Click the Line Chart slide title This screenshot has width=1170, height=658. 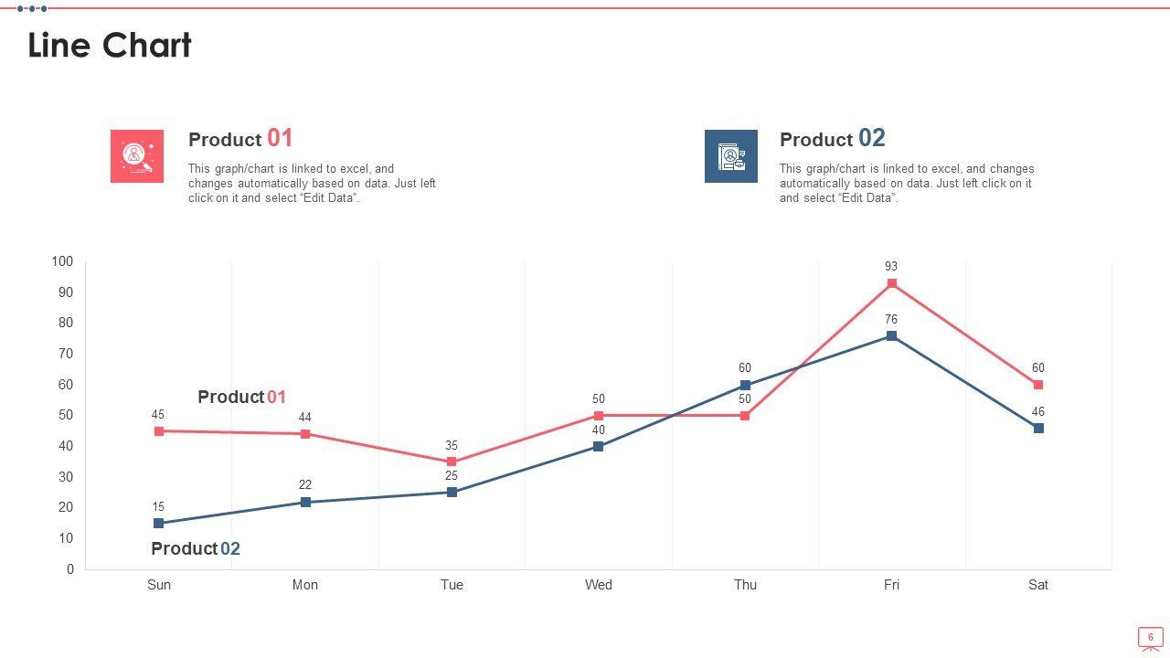[x=110, y=45]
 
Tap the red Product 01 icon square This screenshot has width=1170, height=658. [x=137, y=156]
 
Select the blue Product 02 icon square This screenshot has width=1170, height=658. [x=730, y=156]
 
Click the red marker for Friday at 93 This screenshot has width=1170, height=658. [x=891, y=283]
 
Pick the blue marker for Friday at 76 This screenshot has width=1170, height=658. [x=891, y=336]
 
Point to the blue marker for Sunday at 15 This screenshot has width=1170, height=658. [x=159, y=524]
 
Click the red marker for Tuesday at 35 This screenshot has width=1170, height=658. [x=452, y=462]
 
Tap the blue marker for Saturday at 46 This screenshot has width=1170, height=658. [x=1038, y=429]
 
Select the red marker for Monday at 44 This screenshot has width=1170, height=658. [x=305, y=434]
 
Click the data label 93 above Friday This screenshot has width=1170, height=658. [x=891, y=267]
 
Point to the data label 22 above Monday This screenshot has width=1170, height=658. [x=305, y=485]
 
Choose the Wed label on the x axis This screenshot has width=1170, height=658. [x=599, y=585]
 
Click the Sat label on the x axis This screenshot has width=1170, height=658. [x=1038, y=585]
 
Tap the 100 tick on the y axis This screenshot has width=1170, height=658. [x=62, y=261]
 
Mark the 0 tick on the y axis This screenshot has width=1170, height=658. [x=69, y=569]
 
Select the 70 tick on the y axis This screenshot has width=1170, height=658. [x=66, y=354]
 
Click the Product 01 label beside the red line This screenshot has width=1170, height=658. [x=241, y=397]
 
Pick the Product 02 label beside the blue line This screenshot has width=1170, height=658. [x=196, y=548]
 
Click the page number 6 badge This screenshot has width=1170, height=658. [x=1150, y=637]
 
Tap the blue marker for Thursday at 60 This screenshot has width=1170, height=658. [x=745, y=386]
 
